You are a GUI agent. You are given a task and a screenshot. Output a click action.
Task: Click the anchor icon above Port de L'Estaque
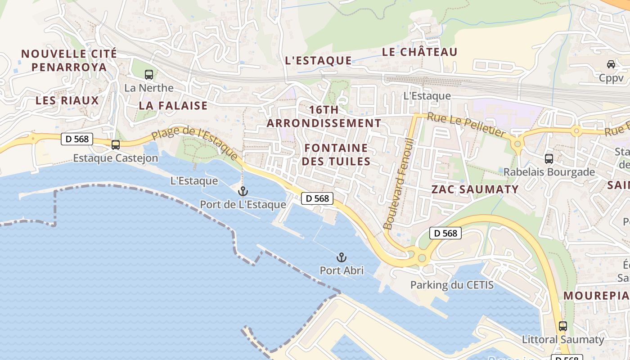coord(243,191)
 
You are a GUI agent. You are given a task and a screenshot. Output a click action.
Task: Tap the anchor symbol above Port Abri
coord(342,258)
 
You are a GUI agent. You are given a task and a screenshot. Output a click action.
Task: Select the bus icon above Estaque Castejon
coord(116,144)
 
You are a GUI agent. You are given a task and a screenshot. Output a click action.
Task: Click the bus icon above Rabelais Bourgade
coord(549,158)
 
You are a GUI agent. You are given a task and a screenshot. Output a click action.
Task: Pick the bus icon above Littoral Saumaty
coord(562,326)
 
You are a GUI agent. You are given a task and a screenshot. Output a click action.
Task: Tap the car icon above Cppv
coord(611,64)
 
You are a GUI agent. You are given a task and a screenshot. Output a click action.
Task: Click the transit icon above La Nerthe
coord(148,75)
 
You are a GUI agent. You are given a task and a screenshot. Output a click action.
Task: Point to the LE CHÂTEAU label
coord(419,52)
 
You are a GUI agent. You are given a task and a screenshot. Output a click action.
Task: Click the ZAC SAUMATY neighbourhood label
coord(475,189)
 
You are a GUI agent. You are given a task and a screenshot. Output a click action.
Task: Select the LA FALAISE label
coord(173,106)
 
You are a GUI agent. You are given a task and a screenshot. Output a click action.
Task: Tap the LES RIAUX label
coord(67,100)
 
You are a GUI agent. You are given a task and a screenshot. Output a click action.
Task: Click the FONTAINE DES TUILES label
coord(336,154)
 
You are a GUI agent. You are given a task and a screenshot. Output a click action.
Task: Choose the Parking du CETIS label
coord(452,285)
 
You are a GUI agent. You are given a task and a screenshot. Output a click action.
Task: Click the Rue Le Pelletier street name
coord(466,125)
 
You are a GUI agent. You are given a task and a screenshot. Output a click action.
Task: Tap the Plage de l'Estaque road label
coord(194,143)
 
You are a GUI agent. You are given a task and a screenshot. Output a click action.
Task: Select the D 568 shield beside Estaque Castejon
coord(77,139)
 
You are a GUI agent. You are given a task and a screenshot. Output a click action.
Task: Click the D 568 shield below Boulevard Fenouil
coord(445,233)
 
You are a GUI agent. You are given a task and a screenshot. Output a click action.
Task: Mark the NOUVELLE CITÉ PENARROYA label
coord(69,60)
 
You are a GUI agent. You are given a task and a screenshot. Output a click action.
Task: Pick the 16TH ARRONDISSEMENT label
coord(324,117)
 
